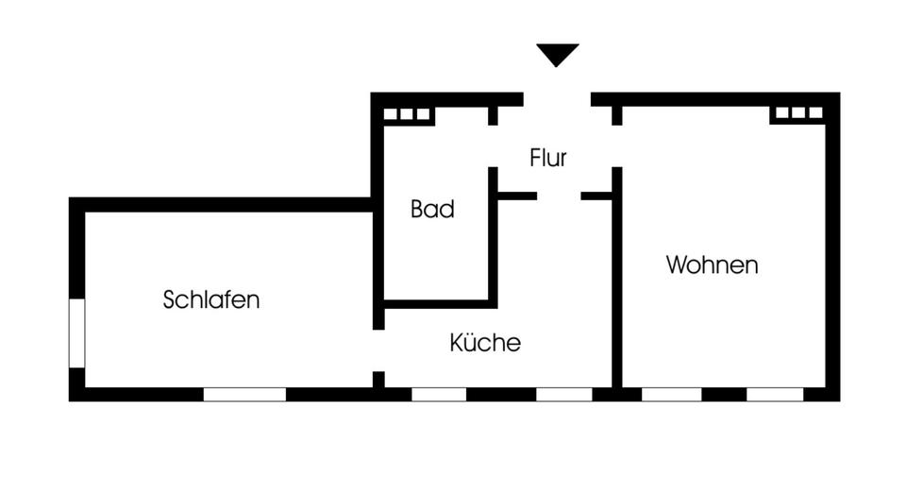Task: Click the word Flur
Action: coord(548,158)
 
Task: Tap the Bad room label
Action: coord(432,209)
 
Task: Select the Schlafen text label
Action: coord(211,299)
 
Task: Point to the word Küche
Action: coord(485,342)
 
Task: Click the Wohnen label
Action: coord(712,265)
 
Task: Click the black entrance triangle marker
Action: coord(558,55)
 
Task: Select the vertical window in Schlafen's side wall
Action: coord(77,333)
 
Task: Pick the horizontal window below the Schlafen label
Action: coord(244,394)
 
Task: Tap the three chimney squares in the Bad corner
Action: coord(408,114)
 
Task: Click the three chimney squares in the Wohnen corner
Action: coord(798,113)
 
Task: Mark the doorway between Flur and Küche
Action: coord(559,196)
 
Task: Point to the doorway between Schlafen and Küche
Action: coord(378,350)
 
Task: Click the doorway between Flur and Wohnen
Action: coord(617,146)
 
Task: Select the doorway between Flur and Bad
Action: coord(493,146)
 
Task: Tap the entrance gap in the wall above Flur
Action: coord(557,99)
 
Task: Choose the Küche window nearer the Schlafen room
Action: coord(439,394)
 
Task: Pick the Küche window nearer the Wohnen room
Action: coord(564,394)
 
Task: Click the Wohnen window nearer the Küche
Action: coord(671,394)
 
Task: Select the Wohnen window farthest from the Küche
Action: coord(775,394)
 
